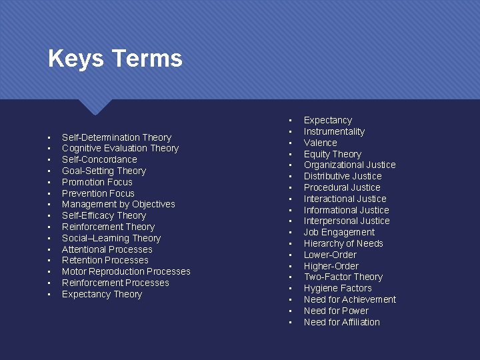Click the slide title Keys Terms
click(115, 59)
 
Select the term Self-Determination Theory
click(116, 137)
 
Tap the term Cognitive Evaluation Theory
click(120, 148)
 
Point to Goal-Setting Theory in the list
click(103, 171)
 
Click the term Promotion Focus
click(97, 182)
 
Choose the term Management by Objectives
click(118, 204)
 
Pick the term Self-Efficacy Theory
click(103, 215)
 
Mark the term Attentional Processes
click(107, 249)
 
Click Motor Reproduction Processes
click(126, 271)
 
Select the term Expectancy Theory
click(101, 294)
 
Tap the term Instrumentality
click(334, 131)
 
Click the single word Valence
click(320, 143)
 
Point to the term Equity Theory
click(332, 154)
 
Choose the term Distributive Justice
click(343, 176)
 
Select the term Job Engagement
click(339, 232)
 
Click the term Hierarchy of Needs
click(343, 243)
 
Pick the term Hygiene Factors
click(337, 288)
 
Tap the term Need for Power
click(336, 311)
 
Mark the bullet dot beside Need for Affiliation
click(291, 323)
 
